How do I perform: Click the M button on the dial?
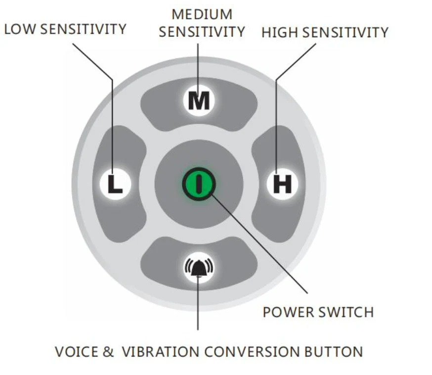199,101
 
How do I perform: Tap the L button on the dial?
115,185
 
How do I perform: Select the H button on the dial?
282,185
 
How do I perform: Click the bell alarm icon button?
199,268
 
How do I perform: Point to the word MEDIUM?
202,14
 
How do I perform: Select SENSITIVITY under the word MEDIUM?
202,32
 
